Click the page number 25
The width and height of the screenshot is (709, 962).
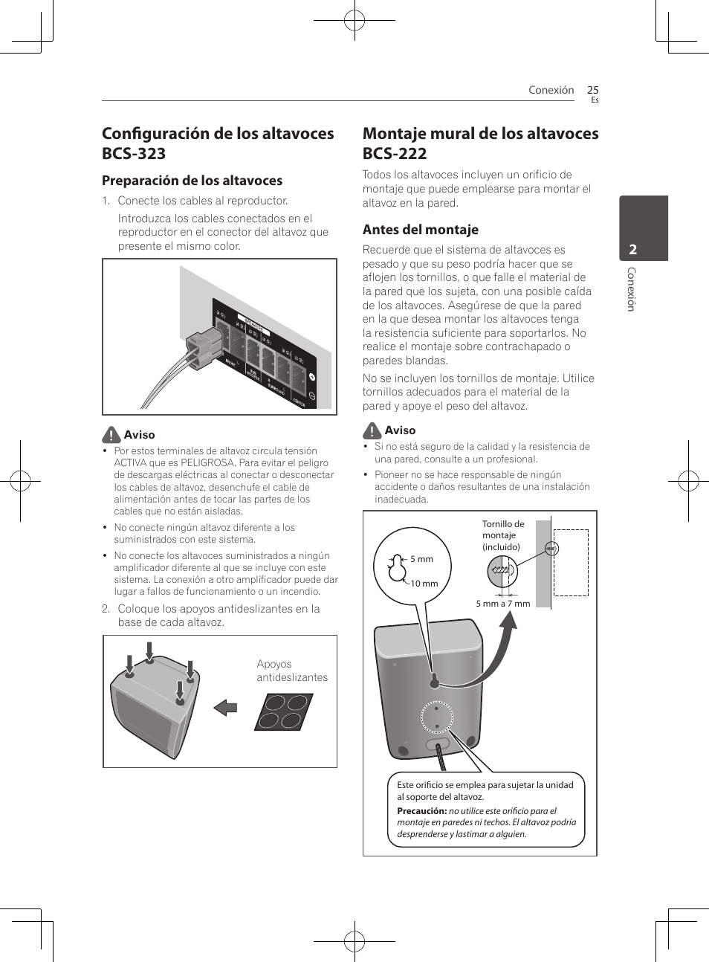[x=592, y=90]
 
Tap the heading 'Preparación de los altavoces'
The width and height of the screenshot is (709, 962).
[x=192, y=181]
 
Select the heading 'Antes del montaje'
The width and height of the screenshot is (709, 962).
[x=420, y=230]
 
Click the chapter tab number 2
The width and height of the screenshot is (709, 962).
[x=633, y=250]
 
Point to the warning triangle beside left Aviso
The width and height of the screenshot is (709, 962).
[x=111, y=435]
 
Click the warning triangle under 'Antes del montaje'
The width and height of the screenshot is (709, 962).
[x=372, y=430]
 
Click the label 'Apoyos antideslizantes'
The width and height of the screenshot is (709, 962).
[x=291, y=671]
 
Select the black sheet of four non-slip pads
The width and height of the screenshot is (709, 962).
[x=283, y=712]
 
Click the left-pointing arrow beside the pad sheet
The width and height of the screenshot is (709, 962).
[x=225, y=707]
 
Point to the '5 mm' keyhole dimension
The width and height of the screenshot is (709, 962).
[x=421, y=559]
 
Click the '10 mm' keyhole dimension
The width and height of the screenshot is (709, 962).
[x=424, y=584]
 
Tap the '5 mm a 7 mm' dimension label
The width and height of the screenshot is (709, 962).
[x=502, y=604]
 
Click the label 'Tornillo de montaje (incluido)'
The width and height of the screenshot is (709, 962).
[x=503, y=535]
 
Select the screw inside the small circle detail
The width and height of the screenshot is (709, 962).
[x=502, y=571]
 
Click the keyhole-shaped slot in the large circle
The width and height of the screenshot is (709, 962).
[x=397, y=569]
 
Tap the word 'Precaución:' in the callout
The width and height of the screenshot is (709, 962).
[x=421, y=811]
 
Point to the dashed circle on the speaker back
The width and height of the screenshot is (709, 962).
[x=436, y=717]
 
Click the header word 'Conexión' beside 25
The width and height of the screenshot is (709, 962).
[x=551, y=90]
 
